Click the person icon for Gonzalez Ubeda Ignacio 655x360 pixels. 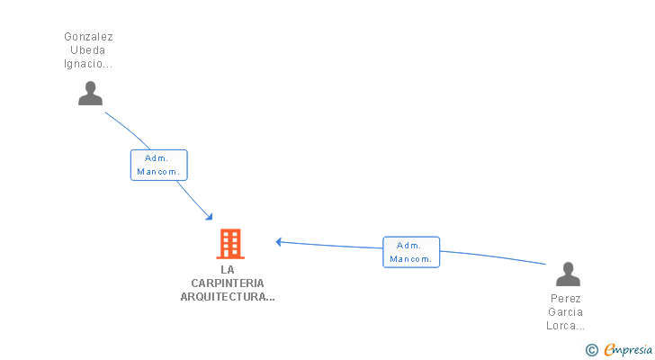[x=90, y=94]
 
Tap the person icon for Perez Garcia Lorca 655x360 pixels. [x=568, y=274]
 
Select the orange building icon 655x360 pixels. [x=230, y=244]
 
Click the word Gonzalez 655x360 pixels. [x=88, y=37]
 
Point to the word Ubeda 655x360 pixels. [x=88, y=50]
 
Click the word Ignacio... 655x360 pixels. [x=88, y=64]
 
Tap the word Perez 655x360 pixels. [x=565, y=299]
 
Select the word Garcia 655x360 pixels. [x=565, y=312]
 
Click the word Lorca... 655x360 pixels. [x=565, y=326]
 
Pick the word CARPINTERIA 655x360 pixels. [x=228, y=283]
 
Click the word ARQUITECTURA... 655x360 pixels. [x=227, y=296]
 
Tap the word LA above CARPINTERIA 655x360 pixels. [x=228, y=269]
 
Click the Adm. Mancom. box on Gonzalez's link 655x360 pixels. [x=159, y=165]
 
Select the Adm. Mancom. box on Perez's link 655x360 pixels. [x=411, y=252]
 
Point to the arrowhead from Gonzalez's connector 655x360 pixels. [x=210, y=217]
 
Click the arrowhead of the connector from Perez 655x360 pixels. [x=279, y=241]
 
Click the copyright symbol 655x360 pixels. [x=591, y=350]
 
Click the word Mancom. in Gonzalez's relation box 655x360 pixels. [x=159, y=171]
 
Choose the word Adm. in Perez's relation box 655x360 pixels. [x=409, y=245]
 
